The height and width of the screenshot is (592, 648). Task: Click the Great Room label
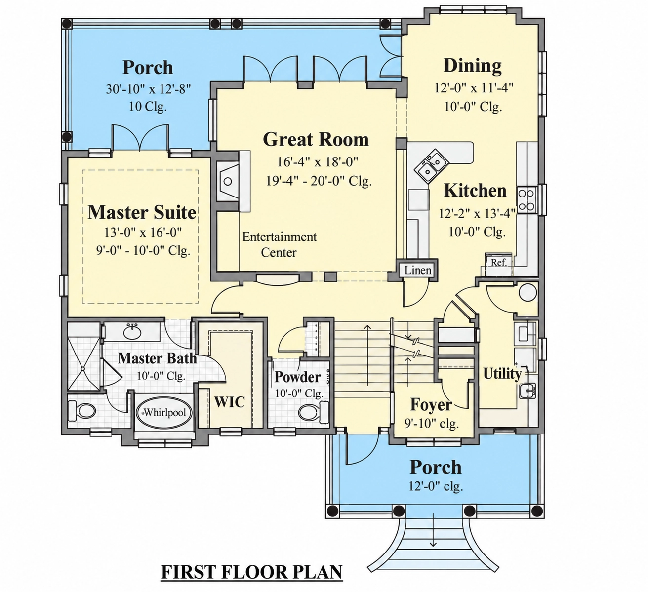click(316, 140)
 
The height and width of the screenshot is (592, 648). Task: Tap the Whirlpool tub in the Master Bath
click(164, 412)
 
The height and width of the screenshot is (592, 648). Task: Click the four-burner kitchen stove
click(526, 200)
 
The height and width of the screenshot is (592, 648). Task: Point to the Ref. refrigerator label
click(499, 262)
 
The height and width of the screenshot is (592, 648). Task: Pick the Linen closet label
click(418, 270)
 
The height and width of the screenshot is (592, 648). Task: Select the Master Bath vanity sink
click(133, 332)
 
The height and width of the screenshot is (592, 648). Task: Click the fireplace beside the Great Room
click(228, 181)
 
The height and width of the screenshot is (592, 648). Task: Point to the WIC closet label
click(230, 402)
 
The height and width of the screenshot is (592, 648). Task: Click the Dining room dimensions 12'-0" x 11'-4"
click(474, 88)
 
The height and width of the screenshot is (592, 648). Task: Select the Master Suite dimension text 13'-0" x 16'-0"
click(143, 232)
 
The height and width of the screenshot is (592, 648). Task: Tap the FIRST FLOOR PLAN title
click(251, 572)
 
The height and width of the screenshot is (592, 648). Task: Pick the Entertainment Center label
click(280, 244)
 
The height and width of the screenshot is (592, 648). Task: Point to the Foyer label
click(431, 405)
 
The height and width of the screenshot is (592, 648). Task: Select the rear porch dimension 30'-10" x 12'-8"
click(149, 89)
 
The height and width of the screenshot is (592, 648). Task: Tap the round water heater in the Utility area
click(528, 293)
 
